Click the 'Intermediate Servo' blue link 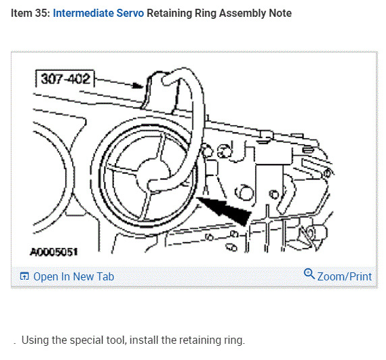coord(99,13)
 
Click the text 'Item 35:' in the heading coord(30,13)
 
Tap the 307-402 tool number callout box coord(65,79)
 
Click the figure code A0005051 coord(54,252)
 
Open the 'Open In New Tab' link coord(74,276)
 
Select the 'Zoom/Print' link coord(344,276)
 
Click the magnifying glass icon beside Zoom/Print coord(309,274)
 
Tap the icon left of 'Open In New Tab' coord(24,276)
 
